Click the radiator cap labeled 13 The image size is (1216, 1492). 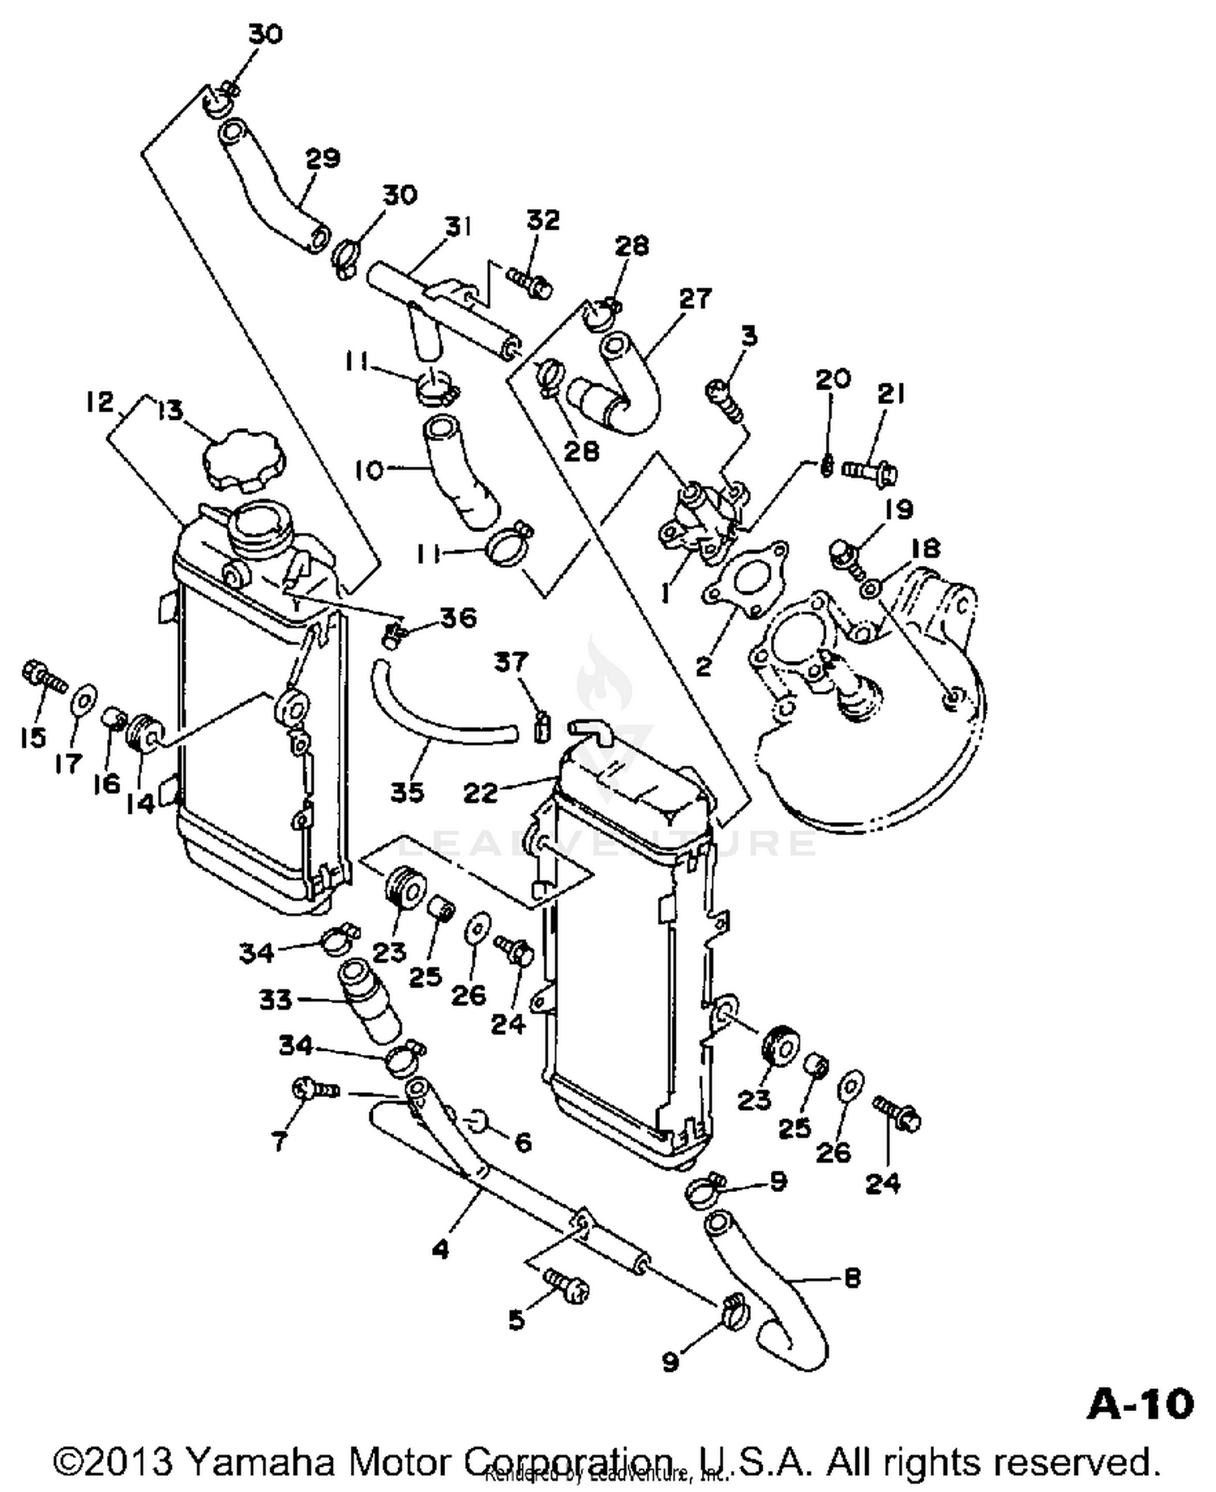coord(244,461)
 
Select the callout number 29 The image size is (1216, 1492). coord(322,158)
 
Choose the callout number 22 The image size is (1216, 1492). coord(479,791)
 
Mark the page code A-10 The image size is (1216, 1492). coord(1139,1404)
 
